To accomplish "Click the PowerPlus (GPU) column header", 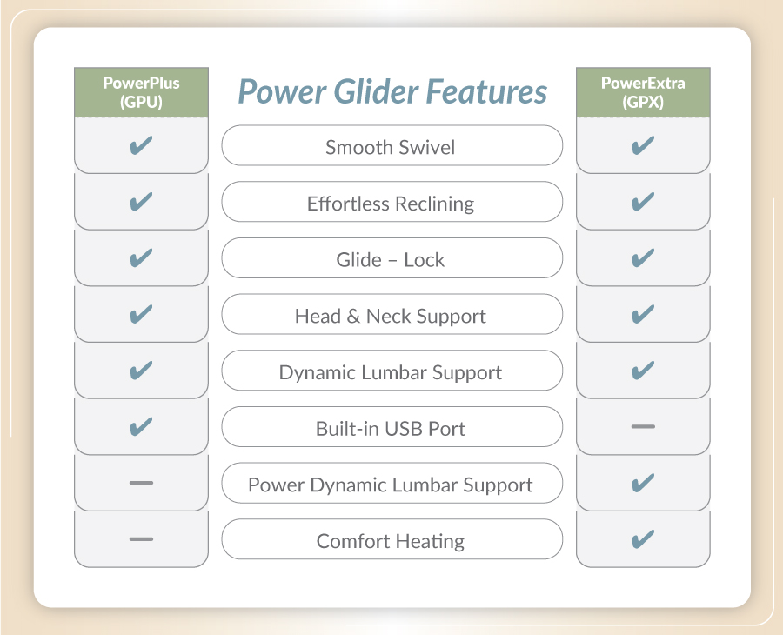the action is [141, 92].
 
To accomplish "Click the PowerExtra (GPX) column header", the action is [643, 92].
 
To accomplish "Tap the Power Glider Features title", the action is [392, 92].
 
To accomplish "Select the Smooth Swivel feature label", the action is [390, 147].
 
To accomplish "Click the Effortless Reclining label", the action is [391, 204].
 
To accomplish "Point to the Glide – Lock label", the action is [390, 259].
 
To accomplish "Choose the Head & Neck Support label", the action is [391, 317].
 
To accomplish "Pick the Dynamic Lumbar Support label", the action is [391, 373].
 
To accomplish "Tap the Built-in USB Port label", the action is [391, 429].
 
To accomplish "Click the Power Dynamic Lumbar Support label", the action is [391, 485].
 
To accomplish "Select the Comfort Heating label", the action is [391, 542].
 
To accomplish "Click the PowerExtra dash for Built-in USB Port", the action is [643, 427].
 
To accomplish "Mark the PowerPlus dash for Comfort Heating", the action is [141, 539].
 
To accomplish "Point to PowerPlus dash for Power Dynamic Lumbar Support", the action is [141, 483].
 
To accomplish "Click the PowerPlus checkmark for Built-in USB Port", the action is [141, 426].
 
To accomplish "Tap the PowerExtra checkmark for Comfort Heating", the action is [643, 539].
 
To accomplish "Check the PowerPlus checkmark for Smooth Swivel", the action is [141, 145].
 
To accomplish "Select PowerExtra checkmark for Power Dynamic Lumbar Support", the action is [643, 483].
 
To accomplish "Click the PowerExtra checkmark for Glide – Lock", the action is [643, 257].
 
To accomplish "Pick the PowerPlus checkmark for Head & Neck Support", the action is [141, 314].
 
